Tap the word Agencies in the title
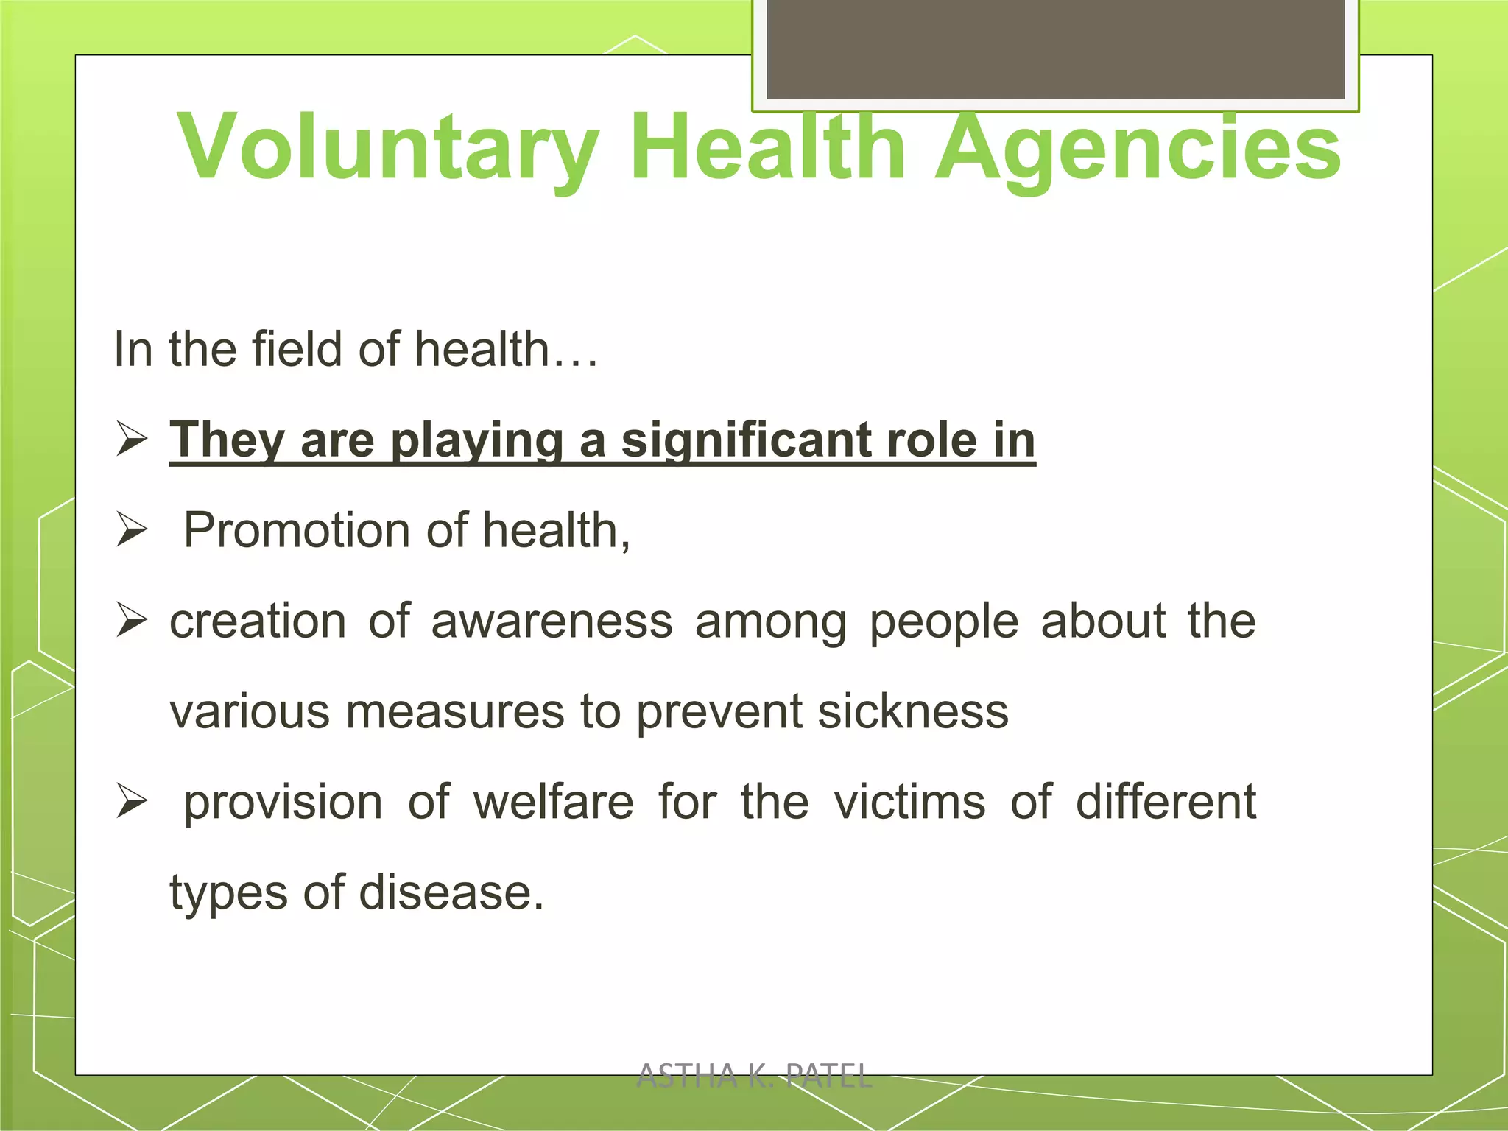tap(1138, 147)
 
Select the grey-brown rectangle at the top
tap(1055, 49)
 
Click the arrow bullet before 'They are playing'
tap(133, 440)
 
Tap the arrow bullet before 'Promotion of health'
tap(133, 530)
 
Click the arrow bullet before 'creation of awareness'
tap(133, 621)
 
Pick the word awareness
tap(552, 621)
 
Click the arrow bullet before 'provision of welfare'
tap(133, 802)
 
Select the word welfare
tap(553, 802)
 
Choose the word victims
tap(909, 802)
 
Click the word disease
tap(451, 892)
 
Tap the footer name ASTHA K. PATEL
tap(754, 1077)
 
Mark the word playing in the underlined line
tap(476, 441)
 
